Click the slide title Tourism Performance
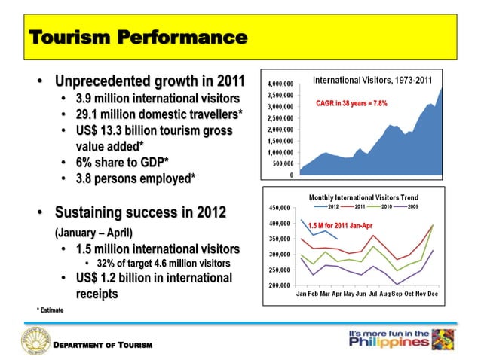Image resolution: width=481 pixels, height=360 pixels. tap(137, 37)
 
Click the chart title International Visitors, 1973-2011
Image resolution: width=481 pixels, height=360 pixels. tap(372, 79)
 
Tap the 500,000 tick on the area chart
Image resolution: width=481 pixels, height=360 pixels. tap(282, 163)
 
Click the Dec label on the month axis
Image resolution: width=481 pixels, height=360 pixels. tap(433, 293)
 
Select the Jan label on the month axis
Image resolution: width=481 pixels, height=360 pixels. tap(302, 293)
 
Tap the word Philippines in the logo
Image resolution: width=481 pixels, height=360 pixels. tap(391, 343)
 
